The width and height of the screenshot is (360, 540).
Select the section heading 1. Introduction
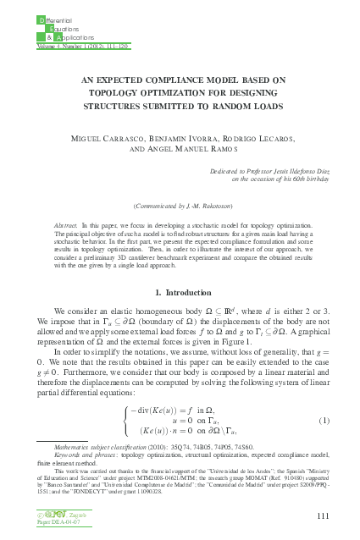click(x=179, y=292)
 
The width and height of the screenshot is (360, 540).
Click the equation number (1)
click(x=323, y=421)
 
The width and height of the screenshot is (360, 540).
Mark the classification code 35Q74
click(x=177, y=444)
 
